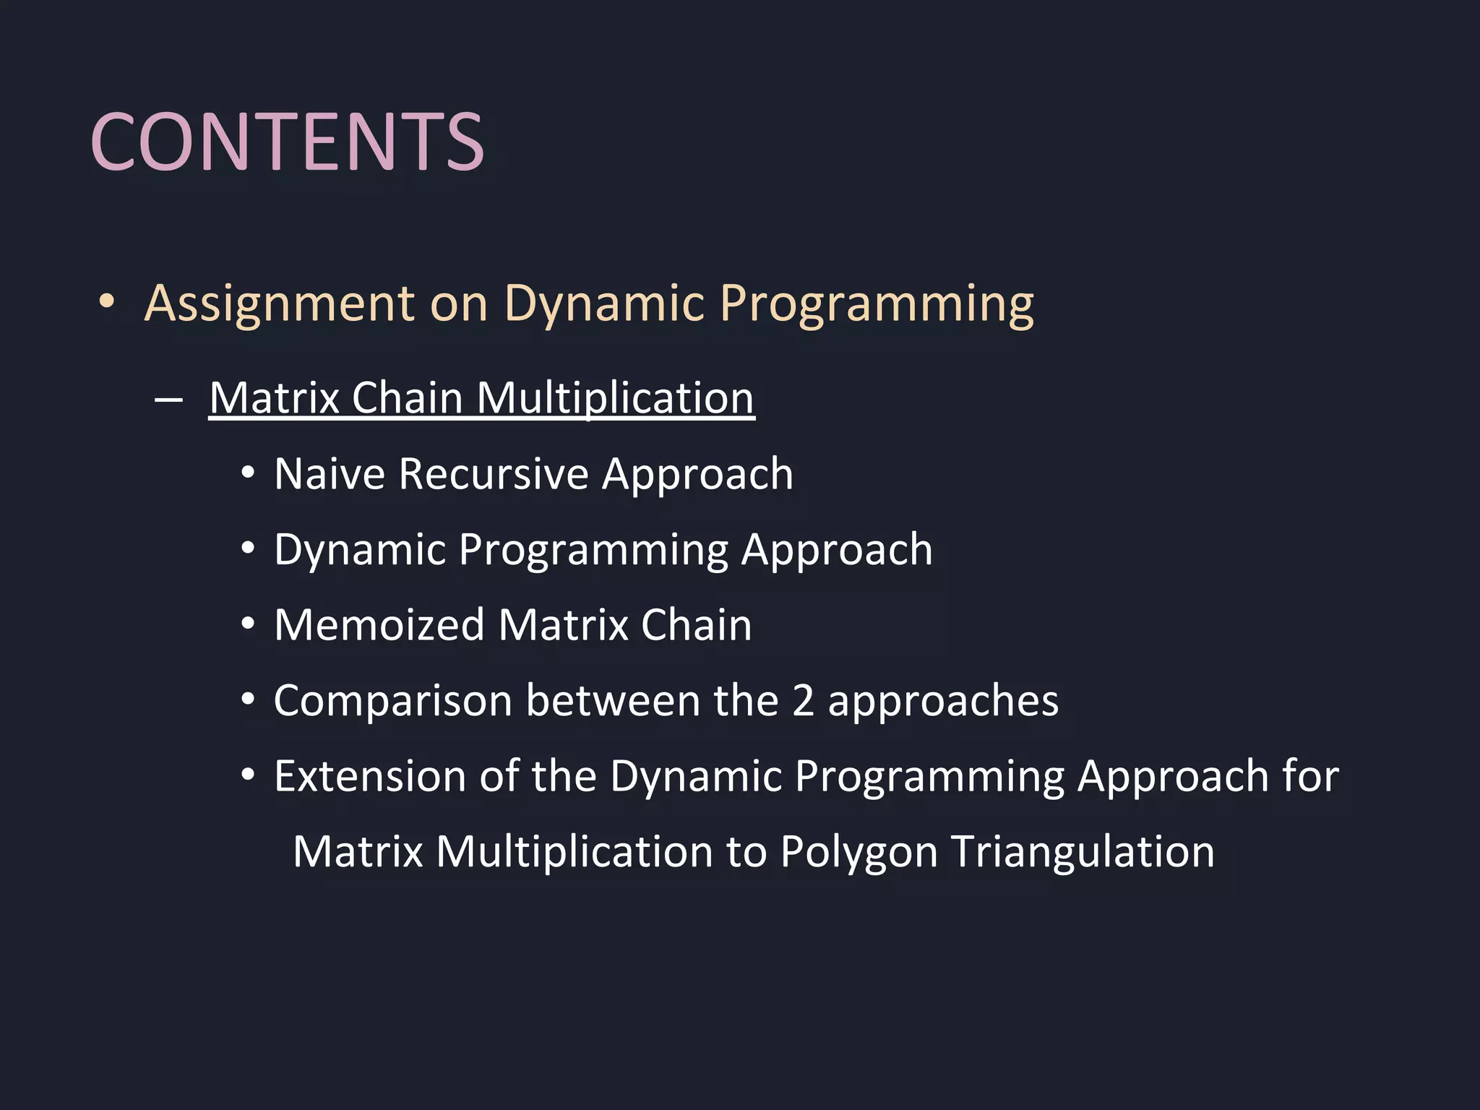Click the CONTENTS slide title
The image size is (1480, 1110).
(x=287, y=142)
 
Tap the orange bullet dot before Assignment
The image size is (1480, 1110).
(x=107, y=301)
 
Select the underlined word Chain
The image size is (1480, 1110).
(x=407, y=398)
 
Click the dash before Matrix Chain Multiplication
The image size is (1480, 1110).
(x=168, y=400)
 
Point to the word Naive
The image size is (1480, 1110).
(x=330, y=475)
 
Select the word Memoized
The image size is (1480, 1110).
(x=379, y=625)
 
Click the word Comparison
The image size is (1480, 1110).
(x=393, y=702)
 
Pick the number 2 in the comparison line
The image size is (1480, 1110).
(x=803, y=701)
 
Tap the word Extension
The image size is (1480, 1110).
(x=370, y=777)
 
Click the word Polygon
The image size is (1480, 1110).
(x=859, y=853)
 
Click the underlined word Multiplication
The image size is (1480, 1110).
(x=616, y=398)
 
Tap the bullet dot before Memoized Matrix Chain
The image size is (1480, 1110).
(x=248, y=624)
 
